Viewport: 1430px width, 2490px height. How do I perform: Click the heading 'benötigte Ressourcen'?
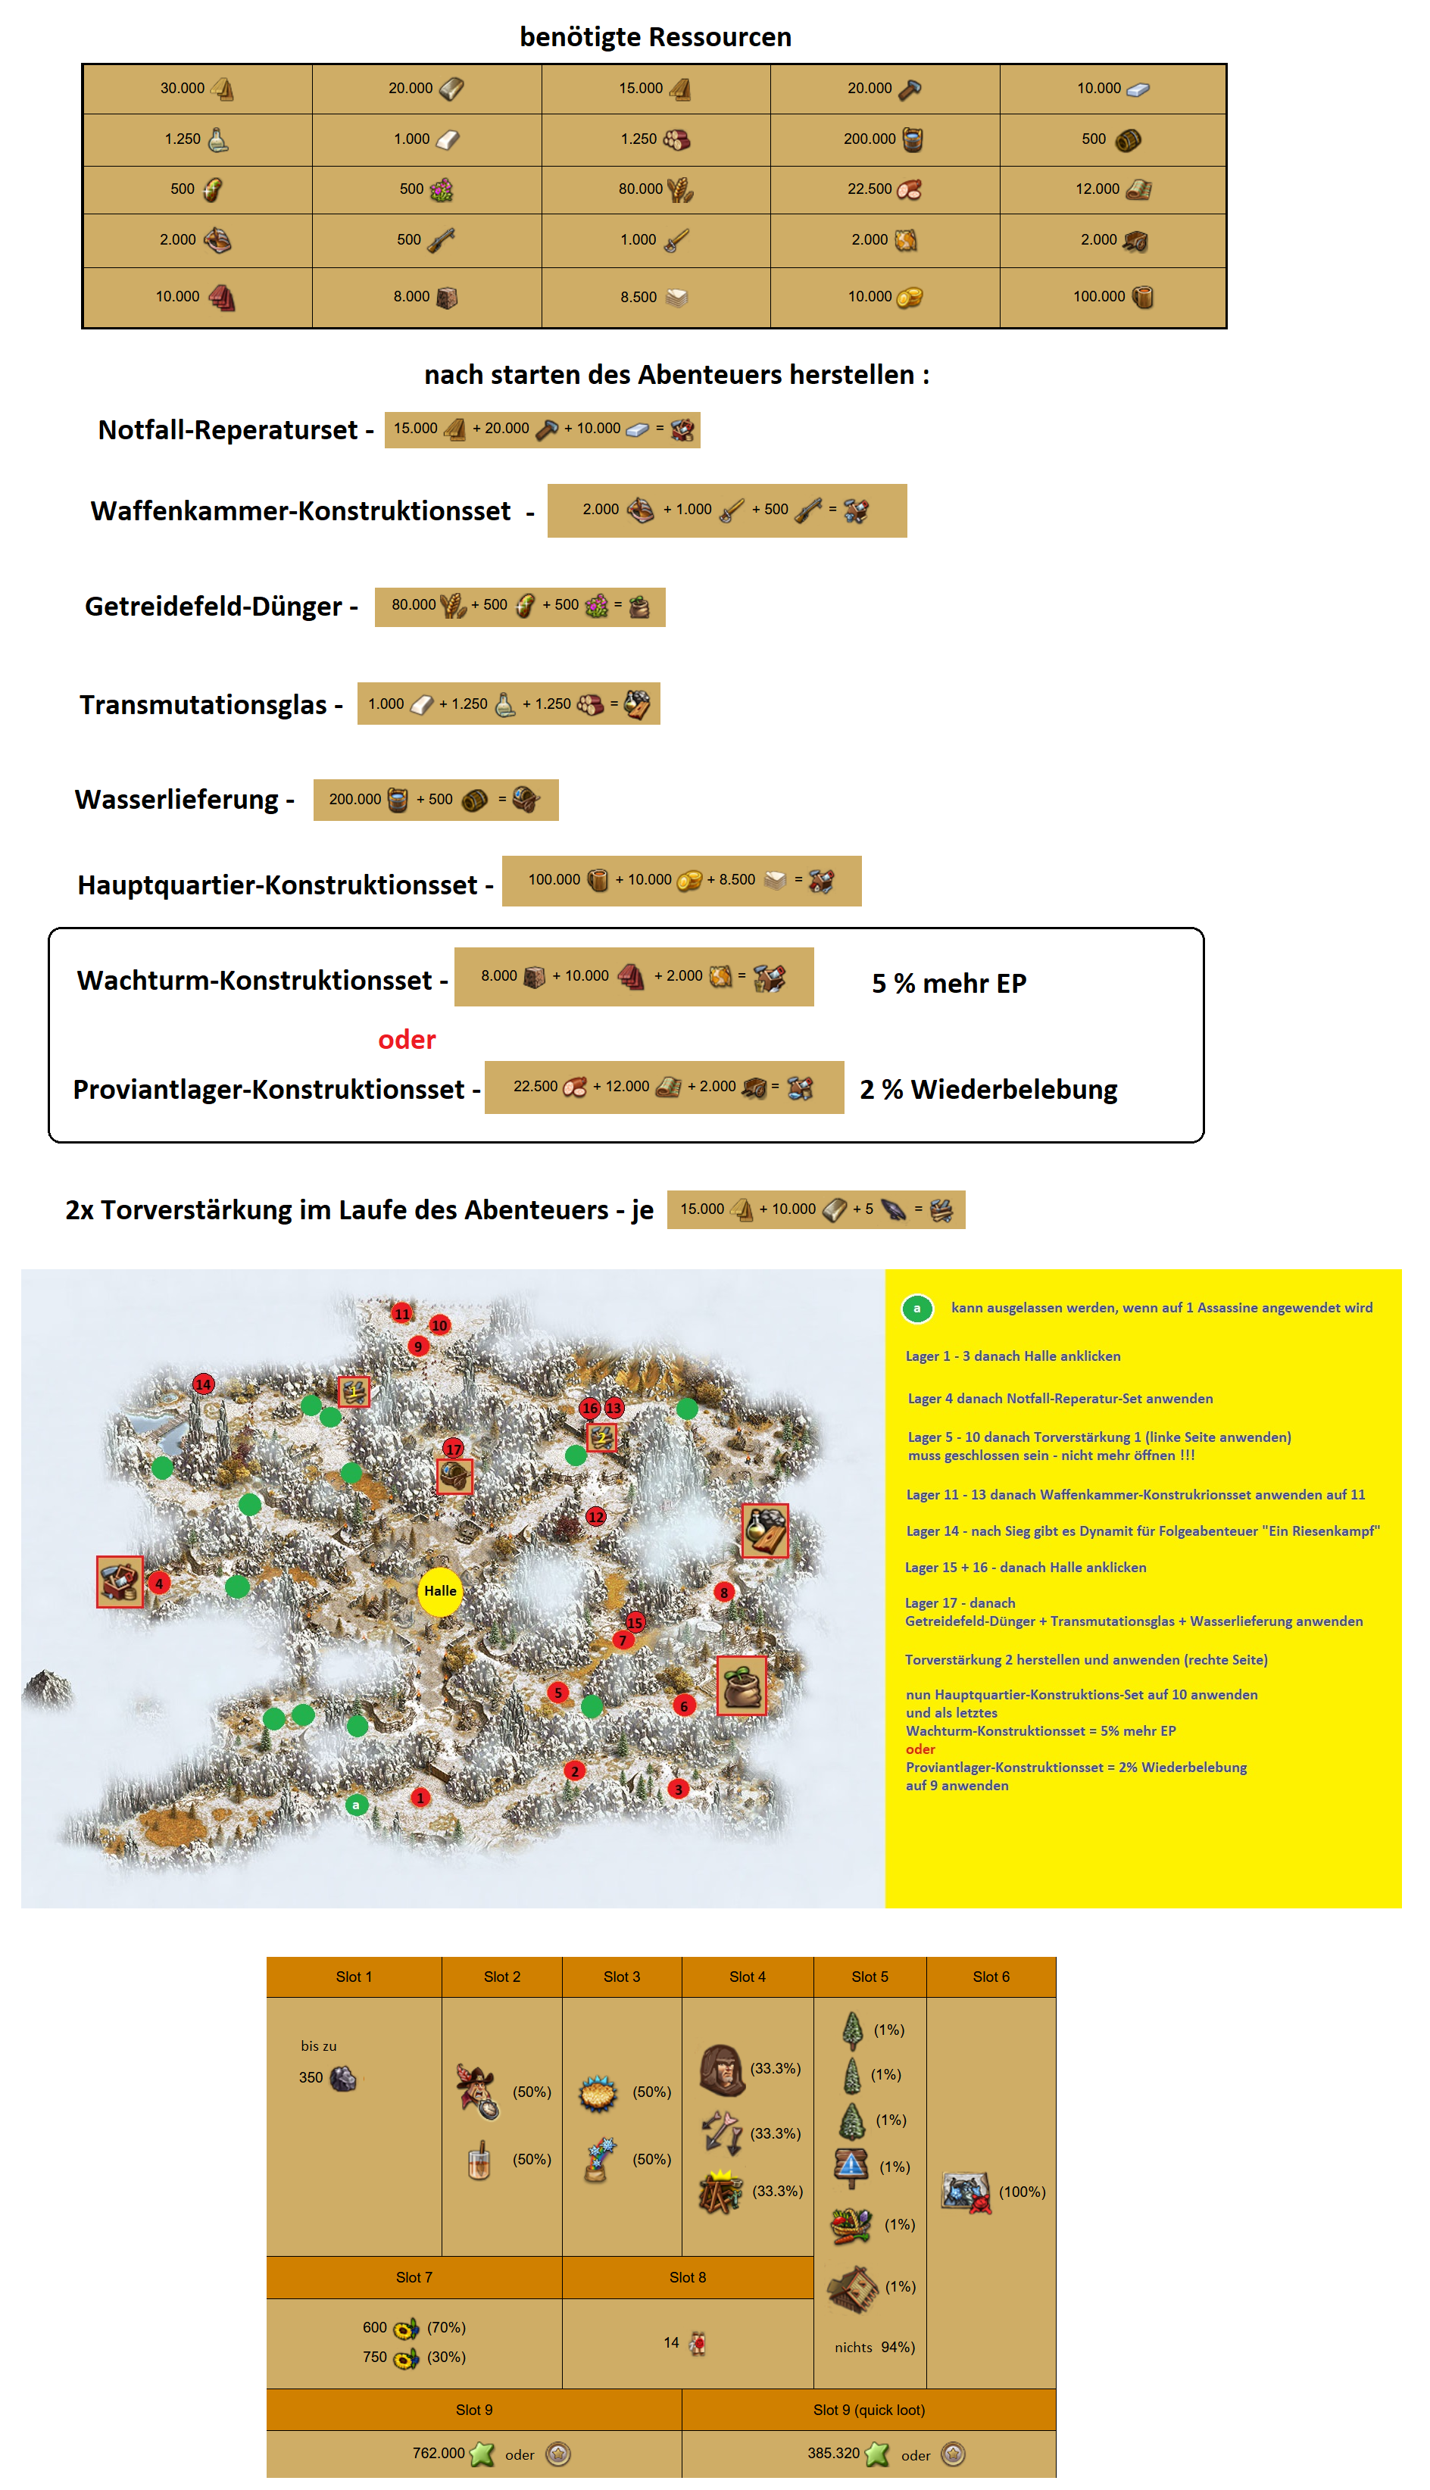(x=655, y=37)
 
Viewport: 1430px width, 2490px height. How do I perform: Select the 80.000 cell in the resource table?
(x=655, y=189)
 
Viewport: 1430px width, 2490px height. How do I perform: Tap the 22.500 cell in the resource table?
(x=884, y=189)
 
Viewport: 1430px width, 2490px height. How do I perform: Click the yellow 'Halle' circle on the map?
(x=440, y=1590)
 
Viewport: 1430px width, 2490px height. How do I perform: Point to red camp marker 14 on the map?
(x=203, y=1384)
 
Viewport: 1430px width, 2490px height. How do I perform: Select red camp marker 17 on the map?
(x=453, y=1449)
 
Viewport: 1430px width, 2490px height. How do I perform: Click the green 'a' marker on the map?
(x=357, y=1805)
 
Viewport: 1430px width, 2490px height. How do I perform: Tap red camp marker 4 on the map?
(x=159, y=1583)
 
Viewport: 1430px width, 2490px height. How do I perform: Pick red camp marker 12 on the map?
(x=596, y=1517)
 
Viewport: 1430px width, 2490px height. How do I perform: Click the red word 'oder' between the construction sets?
(x=407, y=1040)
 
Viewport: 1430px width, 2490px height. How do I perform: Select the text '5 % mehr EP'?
(x=949, y=984)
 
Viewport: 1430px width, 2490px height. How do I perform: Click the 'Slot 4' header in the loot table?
(x=748, y=1977)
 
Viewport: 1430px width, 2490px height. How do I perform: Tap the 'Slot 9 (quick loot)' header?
(x=868, y=2410)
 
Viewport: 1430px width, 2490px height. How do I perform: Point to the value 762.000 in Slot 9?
(x=438, y=2453)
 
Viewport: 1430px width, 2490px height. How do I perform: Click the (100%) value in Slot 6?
(x=1022, y=2192)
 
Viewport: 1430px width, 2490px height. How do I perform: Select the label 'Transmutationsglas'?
(x=203, y=705)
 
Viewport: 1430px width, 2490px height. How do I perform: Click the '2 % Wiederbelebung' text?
(x=988, y=1090)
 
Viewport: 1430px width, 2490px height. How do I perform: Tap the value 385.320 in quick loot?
(x=833, y=2453)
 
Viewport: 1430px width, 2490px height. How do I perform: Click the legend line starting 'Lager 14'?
(x=1141, y=1531)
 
